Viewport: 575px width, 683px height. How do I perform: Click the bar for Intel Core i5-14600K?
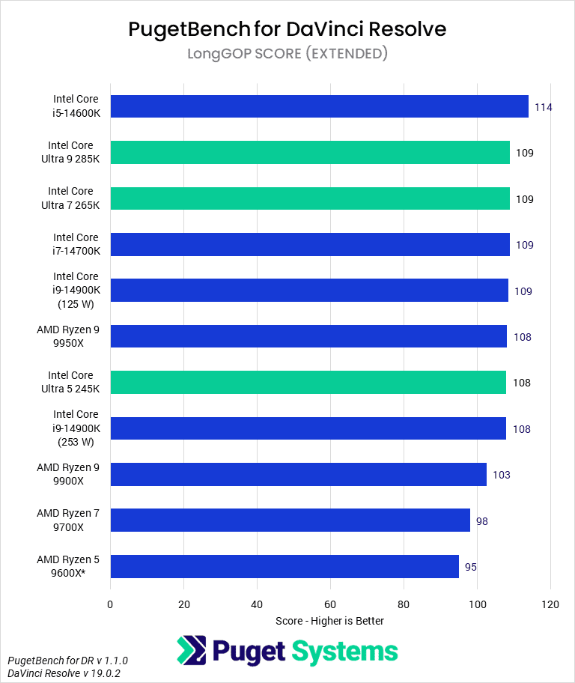[x=319, y=106]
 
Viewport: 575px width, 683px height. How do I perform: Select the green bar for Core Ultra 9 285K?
[x=310, y=153]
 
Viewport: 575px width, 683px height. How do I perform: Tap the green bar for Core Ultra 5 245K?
[x=308, y=383]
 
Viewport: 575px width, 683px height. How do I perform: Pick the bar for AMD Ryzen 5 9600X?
[x=285, y=566]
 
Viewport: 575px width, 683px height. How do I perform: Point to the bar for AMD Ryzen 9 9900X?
[x=298, y=475]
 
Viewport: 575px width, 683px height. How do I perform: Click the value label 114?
[x=543, y=107]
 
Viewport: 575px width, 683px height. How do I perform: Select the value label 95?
[x=471, y=567]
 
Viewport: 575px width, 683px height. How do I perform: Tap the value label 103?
[x=501, y=475]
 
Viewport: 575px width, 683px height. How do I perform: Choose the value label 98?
[x=481, y=520]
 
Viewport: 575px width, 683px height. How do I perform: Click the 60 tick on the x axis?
[x=330, y=604]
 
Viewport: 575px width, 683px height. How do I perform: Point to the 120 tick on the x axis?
[x=550, y=604]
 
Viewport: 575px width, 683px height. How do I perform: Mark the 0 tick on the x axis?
[x=110, y=604]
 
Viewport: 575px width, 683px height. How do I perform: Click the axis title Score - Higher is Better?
[x=329, y=621]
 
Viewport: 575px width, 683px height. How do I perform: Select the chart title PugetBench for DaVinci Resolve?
[x=287, y=28]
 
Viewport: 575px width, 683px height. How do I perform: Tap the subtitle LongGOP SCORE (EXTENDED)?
[x=287, y=53]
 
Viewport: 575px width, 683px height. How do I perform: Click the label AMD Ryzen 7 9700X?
[x=67, y=520]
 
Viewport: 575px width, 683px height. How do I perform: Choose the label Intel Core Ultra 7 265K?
[x=70, y=198]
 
